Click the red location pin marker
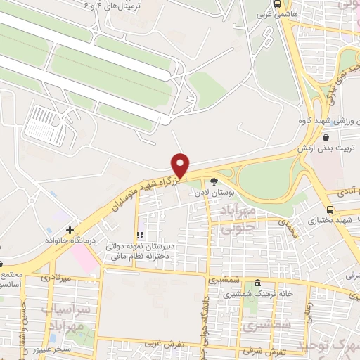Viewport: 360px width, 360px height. coord(181,165)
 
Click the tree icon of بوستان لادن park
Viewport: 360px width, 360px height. coord(214,182)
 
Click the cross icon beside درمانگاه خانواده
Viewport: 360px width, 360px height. coord(69,230)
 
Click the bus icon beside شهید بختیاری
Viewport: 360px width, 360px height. coord(330,209)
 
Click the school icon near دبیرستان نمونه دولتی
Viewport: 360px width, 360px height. coord(139,234)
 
